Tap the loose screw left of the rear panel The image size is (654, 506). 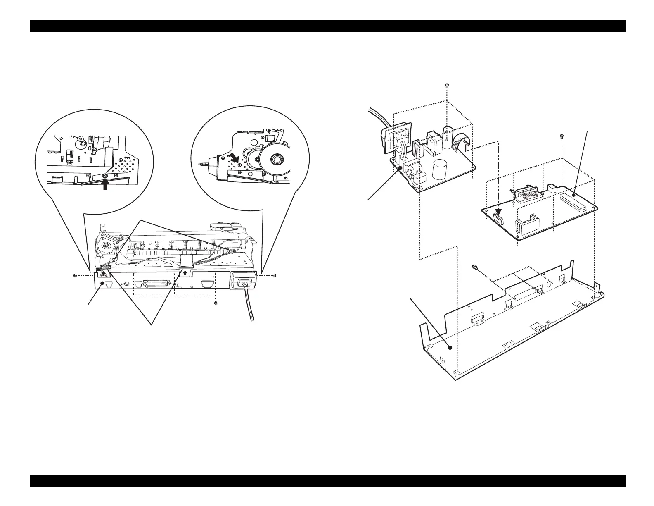pyautogui.click(x=74, y=275)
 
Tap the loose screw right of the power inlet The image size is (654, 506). pyautogui.click(x=275, y=275)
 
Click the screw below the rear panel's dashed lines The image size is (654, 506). pyautogui.click(x=216, y=303)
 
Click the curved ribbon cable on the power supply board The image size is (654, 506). pyautogui.click(x=462, y=143)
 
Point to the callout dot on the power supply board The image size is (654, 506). pyautogui.click(x=400, y=167)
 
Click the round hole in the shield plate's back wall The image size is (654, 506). pyautogui.click(x=550, y=284)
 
